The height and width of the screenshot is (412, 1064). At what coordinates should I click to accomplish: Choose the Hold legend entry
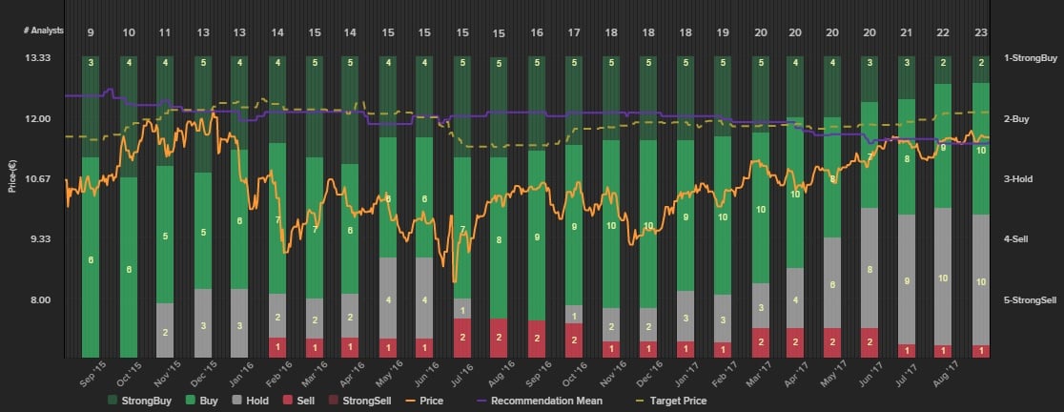click(x=251, y=401)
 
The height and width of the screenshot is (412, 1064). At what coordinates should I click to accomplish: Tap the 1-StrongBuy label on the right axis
click(x=1030, y=59)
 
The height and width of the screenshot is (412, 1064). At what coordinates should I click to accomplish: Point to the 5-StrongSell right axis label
click(x=1030, y=299)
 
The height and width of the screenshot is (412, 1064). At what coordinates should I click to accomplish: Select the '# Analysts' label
click(x=44, y=31)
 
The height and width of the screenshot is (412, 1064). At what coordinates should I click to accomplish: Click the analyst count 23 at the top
click(x=980, y=32)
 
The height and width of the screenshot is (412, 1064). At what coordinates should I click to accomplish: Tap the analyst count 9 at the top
click(x=91, y=32)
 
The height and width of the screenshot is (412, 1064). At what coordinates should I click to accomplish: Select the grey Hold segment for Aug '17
click(x=980, y=280)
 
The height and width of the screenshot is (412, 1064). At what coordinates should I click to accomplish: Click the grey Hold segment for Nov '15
click(x=165, y=330)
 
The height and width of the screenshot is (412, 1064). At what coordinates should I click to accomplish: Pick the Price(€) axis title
click(x=11, y=178)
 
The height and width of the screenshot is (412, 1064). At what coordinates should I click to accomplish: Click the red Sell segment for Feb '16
click(x=277, y=346)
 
